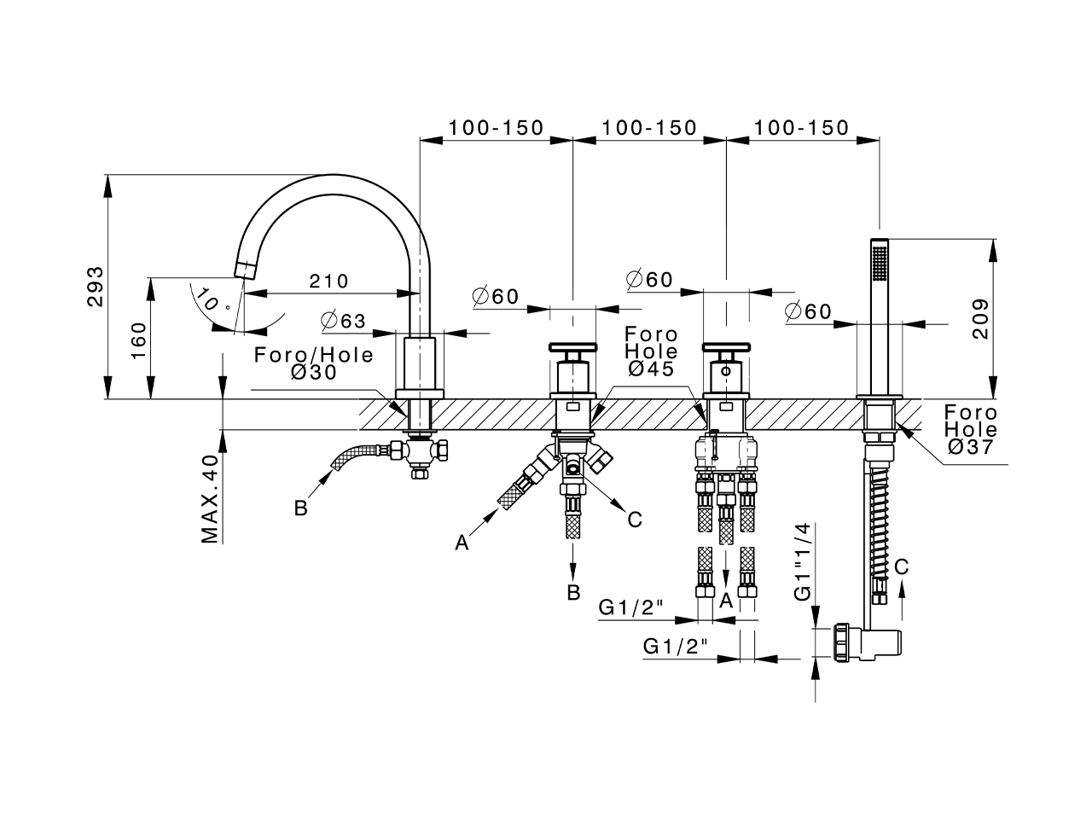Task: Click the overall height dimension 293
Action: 96,287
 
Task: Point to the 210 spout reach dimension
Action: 328,281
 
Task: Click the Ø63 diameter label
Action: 343,321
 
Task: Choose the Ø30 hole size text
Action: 314,373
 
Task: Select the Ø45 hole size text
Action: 651,369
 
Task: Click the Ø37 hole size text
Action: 970,446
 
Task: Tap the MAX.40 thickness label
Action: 210,498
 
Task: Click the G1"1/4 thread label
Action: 804,564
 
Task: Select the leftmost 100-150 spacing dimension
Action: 496,128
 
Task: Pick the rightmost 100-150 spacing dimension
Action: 802,128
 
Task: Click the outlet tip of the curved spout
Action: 246,270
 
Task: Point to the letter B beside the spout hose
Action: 300,508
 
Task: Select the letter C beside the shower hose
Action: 902,566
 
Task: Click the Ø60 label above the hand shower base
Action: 807,312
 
